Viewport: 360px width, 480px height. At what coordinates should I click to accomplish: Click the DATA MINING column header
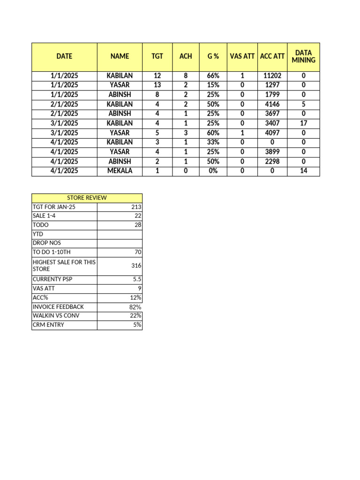click(x=303, y=56)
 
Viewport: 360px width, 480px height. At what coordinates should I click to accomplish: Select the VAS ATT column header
click(x=242, y=56)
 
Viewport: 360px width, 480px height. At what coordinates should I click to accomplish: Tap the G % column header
click(x=213, y=56)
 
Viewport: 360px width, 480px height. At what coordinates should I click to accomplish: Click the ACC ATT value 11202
click(x=272, y=75)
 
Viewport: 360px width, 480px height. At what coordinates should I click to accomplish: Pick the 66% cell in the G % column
click(x=213, y=75)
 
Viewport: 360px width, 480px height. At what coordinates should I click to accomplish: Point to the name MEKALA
click(x=120, y=171)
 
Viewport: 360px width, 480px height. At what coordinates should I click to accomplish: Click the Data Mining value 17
click(x=303, y=123)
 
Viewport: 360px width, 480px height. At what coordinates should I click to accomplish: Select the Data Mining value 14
click(x=303, y=171)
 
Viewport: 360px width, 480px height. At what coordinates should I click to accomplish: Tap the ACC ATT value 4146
click(x=272, y=104)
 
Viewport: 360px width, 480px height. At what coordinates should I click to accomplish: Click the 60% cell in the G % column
click(x=213, y=133)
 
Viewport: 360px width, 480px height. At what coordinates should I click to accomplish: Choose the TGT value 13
click(x=157, y=85)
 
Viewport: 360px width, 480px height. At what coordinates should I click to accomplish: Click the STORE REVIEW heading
click(x=87, y=198)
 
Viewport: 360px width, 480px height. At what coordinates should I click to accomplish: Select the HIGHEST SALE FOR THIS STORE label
click(x=64, y=266)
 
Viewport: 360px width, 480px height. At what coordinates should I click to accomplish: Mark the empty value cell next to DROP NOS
click(x=120, y=243)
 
